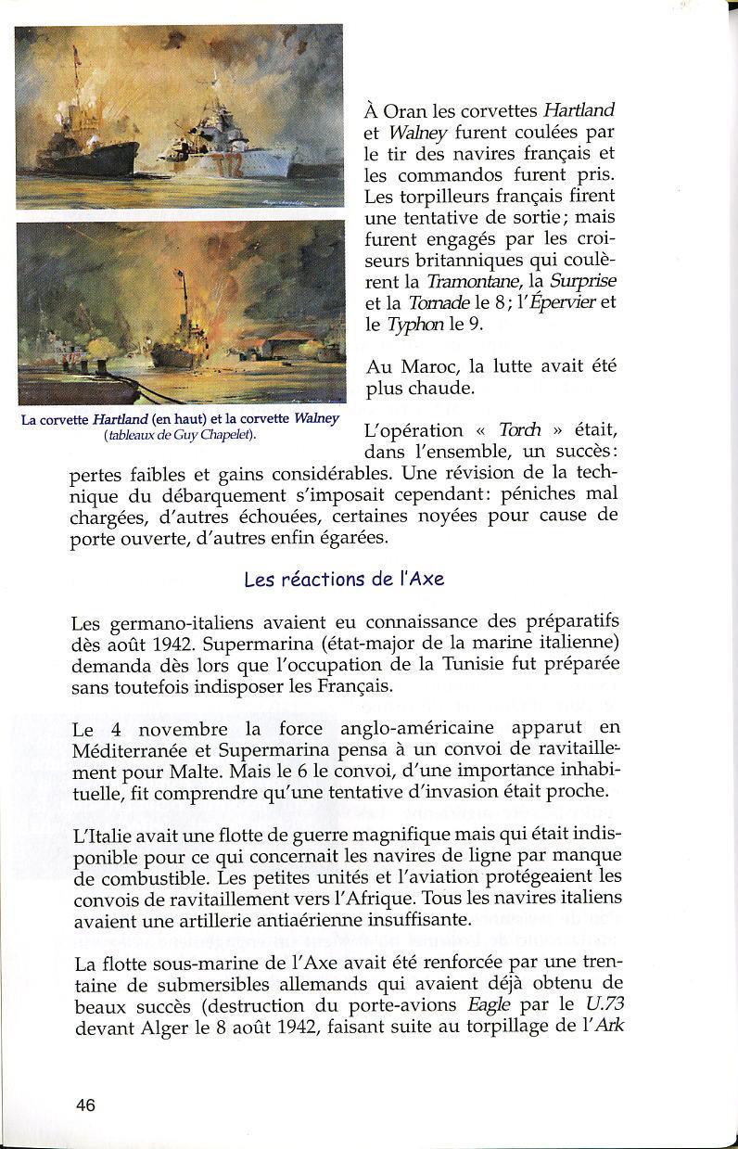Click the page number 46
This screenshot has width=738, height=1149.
(85, 1104)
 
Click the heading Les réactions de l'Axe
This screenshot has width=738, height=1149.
(344, 580)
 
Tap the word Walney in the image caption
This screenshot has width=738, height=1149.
(316, 419)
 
